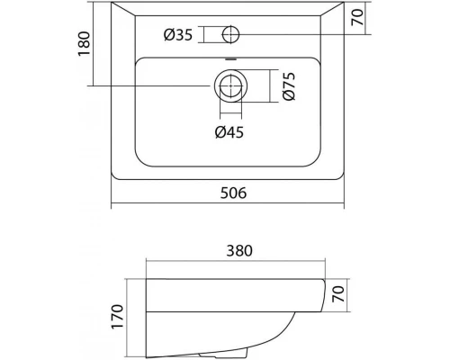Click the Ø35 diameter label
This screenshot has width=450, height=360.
(x=178, y=34)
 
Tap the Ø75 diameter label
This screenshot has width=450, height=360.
(x=289, y=85)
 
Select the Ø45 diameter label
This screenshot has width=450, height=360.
(x=229, y=132)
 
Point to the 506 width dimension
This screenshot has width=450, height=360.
(x=233, y=193)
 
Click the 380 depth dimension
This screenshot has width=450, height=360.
(x=239, y=251)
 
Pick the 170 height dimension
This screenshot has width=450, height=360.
(x=117, y=317)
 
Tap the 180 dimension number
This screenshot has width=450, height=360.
(x=85, y=43)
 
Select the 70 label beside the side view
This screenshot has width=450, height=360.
(x=338, y=294)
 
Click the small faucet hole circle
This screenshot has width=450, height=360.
(x=230, y=34)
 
